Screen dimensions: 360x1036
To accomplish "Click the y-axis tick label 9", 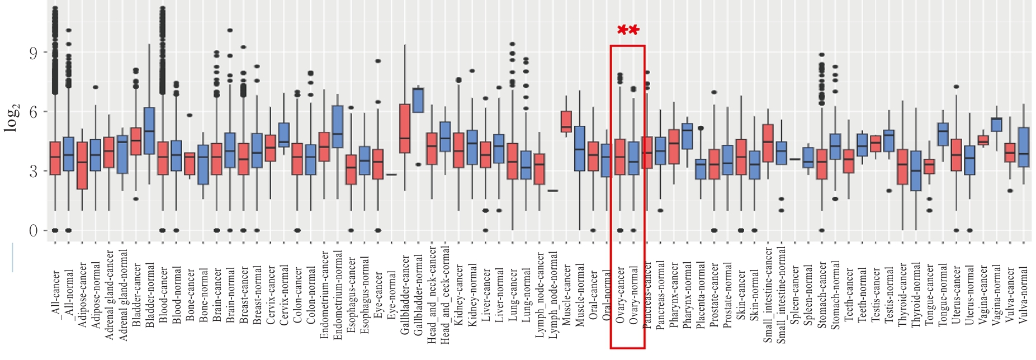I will [x=34, y=53].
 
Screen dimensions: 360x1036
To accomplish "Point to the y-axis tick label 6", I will [x=34, y=112].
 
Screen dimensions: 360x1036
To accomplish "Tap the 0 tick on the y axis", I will [x=34, y=230].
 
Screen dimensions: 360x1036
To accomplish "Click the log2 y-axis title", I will [x=12, y=117].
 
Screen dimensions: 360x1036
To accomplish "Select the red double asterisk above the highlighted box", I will [x=628, y=31].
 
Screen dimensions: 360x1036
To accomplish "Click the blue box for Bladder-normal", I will [x=149, y=131].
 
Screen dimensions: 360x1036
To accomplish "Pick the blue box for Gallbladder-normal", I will [x=418, y=101].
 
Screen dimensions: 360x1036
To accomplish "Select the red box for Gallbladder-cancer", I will [x=405, y=129].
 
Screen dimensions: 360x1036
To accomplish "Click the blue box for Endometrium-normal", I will [x=337, y=127].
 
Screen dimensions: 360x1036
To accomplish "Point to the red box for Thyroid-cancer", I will [x=902, y=167].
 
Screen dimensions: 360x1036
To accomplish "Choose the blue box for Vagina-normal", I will [x=996, y=125].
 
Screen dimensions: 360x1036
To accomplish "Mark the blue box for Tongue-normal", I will [x=943, y=135].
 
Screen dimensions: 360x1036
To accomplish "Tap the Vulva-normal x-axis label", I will [x=1024, y=295].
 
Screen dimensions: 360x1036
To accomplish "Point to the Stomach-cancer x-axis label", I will [x=822, y=295].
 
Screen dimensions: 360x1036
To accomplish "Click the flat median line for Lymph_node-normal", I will [x=552, y=191].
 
